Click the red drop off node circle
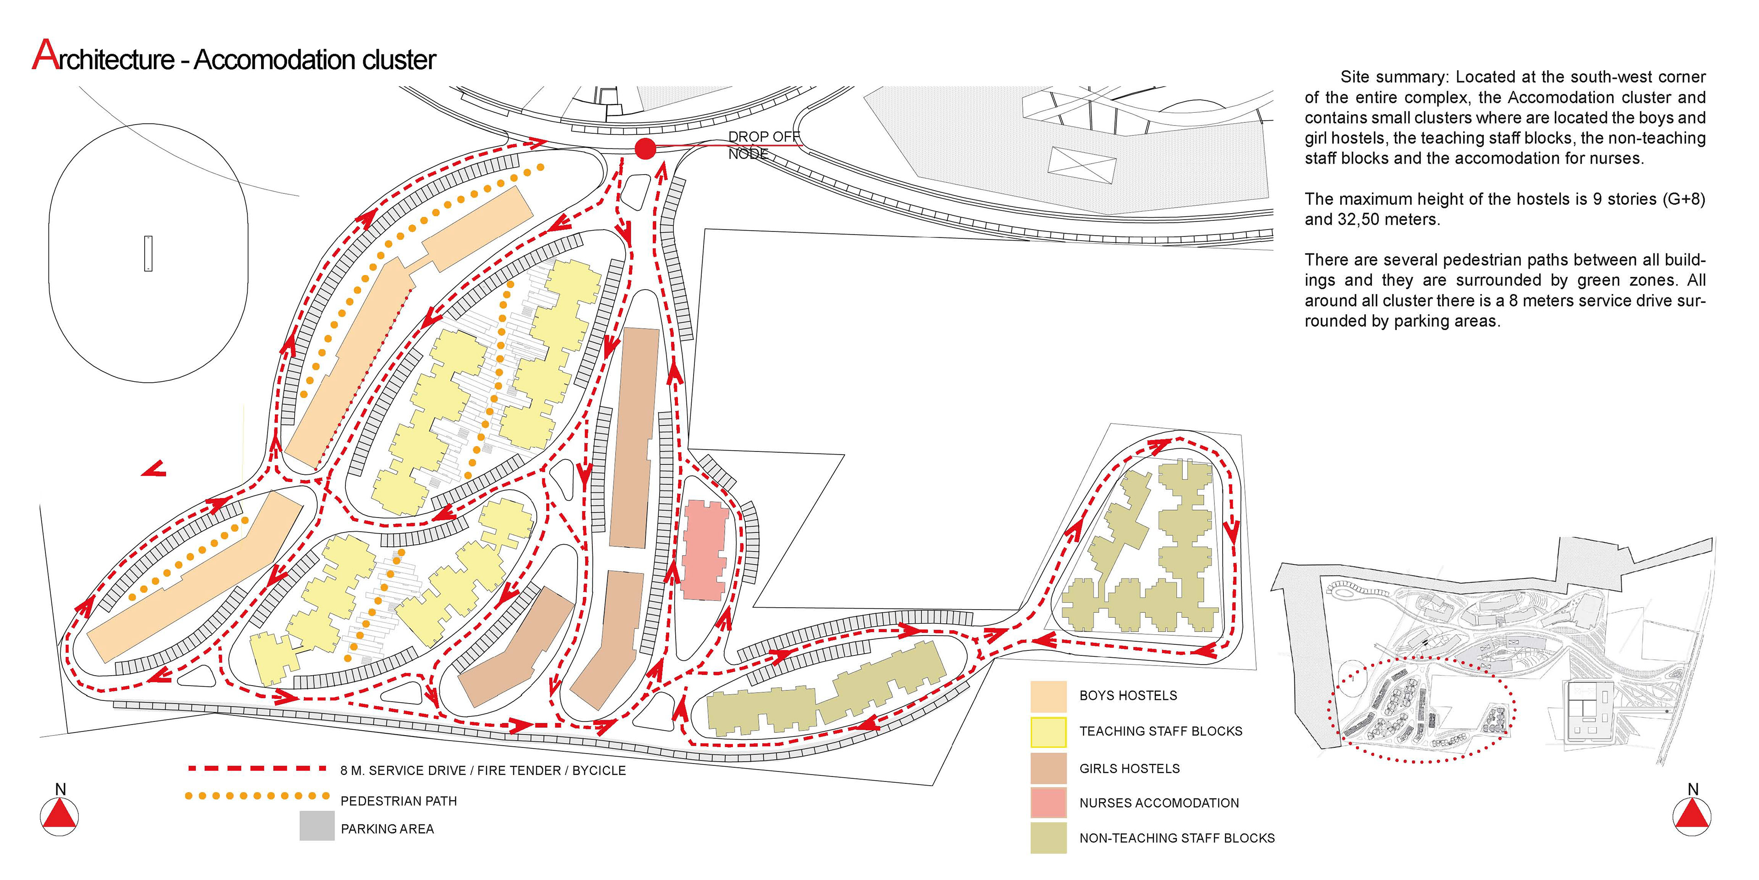645,148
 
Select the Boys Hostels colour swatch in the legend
1048,696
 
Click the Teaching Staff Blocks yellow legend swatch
1048,732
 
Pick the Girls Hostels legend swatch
1048,768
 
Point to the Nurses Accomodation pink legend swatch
1048,803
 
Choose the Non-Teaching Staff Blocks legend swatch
1048,838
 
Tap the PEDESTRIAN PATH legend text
399,801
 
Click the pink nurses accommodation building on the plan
704,550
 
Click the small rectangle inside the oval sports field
148,253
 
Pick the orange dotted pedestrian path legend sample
257,796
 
